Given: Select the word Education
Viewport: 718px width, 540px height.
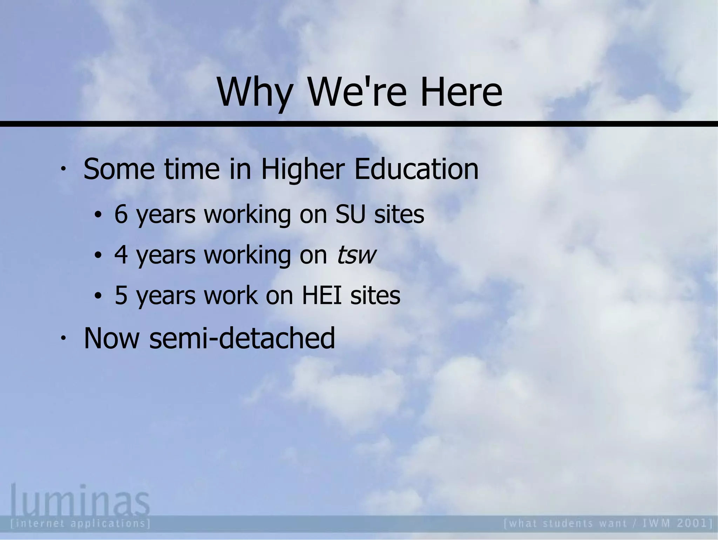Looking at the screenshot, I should (416, 169).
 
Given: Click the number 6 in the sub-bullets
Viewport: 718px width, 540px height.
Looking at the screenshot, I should (121, 214).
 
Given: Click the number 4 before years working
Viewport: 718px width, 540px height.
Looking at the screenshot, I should (121, 255).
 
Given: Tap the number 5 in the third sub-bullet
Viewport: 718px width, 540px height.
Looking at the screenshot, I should (121, 295).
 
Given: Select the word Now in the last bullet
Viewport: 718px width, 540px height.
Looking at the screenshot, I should (111, 338).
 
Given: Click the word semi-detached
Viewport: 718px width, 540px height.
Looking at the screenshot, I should (242, 338).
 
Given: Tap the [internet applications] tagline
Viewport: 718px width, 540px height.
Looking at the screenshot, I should (81, 524).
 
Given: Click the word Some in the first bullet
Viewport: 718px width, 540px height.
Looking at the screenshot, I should (119, 169).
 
